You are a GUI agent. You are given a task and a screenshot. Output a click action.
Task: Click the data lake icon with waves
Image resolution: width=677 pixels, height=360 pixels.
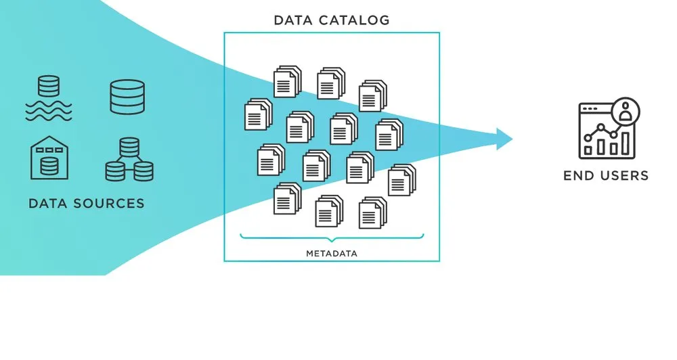coord(48,98)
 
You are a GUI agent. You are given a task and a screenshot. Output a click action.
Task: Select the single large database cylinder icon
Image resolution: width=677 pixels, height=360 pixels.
coord(127,97)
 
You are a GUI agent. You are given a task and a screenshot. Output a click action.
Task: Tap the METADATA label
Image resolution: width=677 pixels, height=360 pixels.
coord(332,254)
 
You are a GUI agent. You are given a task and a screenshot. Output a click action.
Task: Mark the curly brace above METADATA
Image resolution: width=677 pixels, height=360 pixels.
coord(332,238)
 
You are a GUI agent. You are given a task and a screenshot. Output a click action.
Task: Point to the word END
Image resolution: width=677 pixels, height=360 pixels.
coord(579,176)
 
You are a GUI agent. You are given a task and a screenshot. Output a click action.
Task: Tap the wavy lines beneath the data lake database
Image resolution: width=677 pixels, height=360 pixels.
coord(48,111)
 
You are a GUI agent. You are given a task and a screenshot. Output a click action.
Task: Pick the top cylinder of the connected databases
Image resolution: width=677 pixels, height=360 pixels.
coord(129,145)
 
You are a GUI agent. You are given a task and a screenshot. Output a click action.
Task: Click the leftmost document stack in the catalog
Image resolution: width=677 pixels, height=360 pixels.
coord(257,114)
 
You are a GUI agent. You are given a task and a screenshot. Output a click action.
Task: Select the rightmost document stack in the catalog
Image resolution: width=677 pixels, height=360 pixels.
coord(401,180)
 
